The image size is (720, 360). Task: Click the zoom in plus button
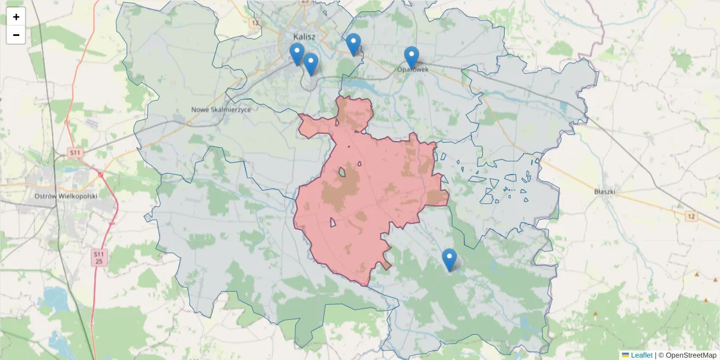tap(16, 17)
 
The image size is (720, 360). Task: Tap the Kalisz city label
tap(305, 36)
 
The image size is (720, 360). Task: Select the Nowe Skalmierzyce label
tap(221, 110)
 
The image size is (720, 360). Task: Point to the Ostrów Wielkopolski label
tap(66, 196)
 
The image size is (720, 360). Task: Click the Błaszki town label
tap(605, 192)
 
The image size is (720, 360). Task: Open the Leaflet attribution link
tap(641, 355)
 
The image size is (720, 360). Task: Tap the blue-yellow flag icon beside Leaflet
tap(625, 355)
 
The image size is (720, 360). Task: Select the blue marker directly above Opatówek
tap(411, 56)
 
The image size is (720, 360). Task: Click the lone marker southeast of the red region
tap(449, 259)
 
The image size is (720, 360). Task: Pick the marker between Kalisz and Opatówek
tap(353, 43)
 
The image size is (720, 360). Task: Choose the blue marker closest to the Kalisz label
tap(297, 53)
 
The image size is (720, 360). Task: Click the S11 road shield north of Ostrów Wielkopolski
tap(74, 153)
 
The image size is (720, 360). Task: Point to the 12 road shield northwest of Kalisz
tap(255, 23)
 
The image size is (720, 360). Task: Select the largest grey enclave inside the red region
tap(342, 172)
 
